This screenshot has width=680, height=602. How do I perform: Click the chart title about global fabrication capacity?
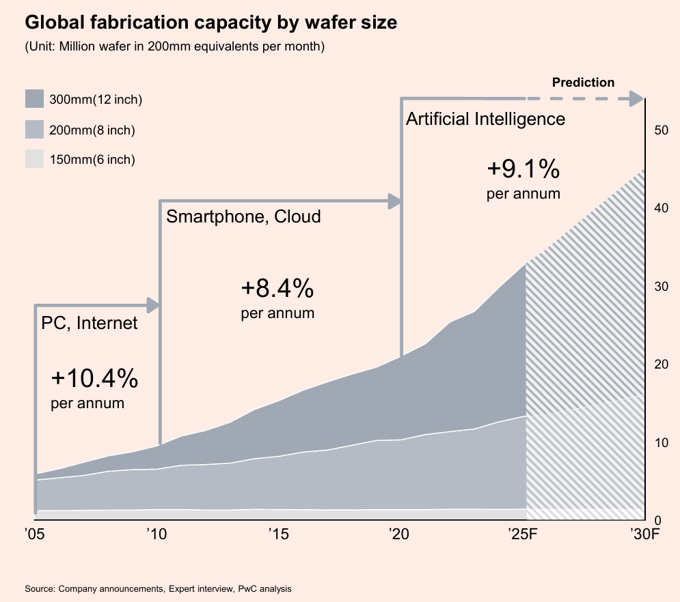click(210, 23)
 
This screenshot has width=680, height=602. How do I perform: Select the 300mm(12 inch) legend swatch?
click(34, 99)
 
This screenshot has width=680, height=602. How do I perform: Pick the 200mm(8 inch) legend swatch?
click(34, 129)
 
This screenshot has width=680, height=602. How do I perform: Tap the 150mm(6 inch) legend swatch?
click(34, 159)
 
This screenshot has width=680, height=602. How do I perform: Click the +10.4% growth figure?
click(95, 377)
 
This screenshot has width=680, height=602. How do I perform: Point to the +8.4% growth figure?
click(277, 289)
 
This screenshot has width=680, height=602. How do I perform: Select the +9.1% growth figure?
click(523, 168)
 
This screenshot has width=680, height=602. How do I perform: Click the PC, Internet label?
click(90, 323)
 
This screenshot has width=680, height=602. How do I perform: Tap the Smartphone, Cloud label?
click(244, 217)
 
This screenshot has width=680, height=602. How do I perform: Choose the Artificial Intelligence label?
click(485, 119)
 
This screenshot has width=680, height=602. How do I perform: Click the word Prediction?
click(583, 83)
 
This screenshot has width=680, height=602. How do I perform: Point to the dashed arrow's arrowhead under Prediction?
click(637, 99)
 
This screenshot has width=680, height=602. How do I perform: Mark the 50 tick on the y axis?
click(661, 130)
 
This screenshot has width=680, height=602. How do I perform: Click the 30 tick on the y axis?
click(661, 286)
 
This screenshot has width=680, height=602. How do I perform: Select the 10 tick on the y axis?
click(661, 442)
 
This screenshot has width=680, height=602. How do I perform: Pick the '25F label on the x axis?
click(524, 533)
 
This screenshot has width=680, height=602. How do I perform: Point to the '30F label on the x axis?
click(644, 533)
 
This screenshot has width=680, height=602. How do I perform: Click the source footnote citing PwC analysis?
click(158, 588)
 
